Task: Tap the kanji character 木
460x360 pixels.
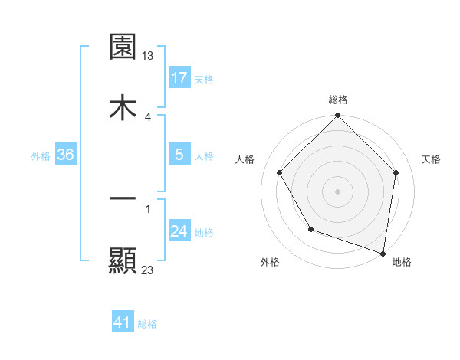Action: (123, 107)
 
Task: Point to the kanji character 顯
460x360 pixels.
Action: (123, 260)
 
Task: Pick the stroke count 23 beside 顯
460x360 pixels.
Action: (148, 270)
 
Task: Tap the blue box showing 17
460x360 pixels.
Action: (179, 78)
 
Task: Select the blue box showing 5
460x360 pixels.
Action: (179, 155)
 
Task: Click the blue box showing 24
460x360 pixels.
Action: (179, 231)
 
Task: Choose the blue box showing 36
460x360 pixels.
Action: (65, 155)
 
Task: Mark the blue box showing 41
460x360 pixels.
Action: (123, 323)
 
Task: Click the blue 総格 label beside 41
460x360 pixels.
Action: (147, 324)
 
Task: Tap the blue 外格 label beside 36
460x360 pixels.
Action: (41, 155)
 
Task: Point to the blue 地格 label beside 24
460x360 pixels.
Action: (204, 232)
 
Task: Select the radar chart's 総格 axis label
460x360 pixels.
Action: (337, 100)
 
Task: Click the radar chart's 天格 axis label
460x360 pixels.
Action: (432, 159)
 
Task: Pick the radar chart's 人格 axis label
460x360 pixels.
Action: (245, 159)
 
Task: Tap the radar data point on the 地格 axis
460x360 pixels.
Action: (383, 253)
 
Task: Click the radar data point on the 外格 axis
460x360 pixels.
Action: (310, 229)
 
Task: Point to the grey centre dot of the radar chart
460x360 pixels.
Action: (337, 191)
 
